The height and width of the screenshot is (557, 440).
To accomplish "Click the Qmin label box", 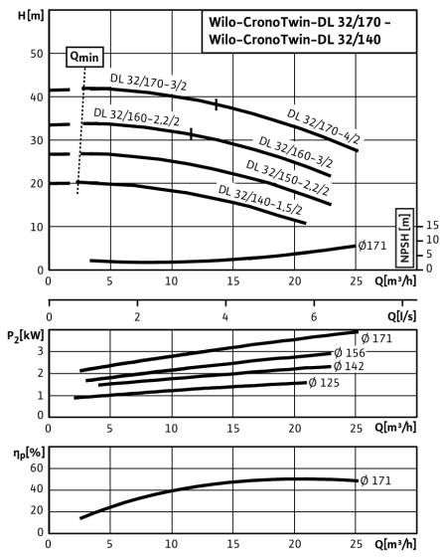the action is pos(84,57).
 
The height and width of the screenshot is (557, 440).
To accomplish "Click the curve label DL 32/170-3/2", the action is pos(148,82).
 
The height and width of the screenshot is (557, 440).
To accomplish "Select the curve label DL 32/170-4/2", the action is pos(323,126).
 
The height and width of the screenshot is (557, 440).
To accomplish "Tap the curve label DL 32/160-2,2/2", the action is pos(137,117).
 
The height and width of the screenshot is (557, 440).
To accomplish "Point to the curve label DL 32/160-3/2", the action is pos(296,151).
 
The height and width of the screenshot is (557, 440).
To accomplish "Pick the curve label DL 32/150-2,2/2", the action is pos(288,178).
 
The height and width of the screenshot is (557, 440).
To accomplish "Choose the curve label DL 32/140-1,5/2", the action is pos(260,200).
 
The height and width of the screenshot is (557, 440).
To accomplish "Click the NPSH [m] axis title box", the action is pos(404,238).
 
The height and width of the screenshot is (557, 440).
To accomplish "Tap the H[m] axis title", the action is pos(31,16).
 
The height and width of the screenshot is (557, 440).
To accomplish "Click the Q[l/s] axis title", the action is pos(401,315).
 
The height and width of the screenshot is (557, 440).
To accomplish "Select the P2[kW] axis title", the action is pos(26,335).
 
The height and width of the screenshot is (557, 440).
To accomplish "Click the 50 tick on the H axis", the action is pos(37,54).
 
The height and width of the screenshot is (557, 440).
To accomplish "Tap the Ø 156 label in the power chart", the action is pos(350,353).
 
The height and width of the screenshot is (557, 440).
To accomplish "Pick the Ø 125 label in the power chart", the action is pos(324,383).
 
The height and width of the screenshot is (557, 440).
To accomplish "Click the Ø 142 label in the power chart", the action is pos(350,366).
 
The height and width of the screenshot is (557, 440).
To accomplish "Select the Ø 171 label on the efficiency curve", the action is pos(375,480).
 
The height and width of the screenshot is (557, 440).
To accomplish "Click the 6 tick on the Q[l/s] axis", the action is pos(314,316).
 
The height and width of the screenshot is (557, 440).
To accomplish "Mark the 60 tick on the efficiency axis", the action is pos(37,468).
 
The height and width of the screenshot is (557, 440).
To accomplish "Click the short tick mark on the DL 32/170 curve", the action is pos(217,104).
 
